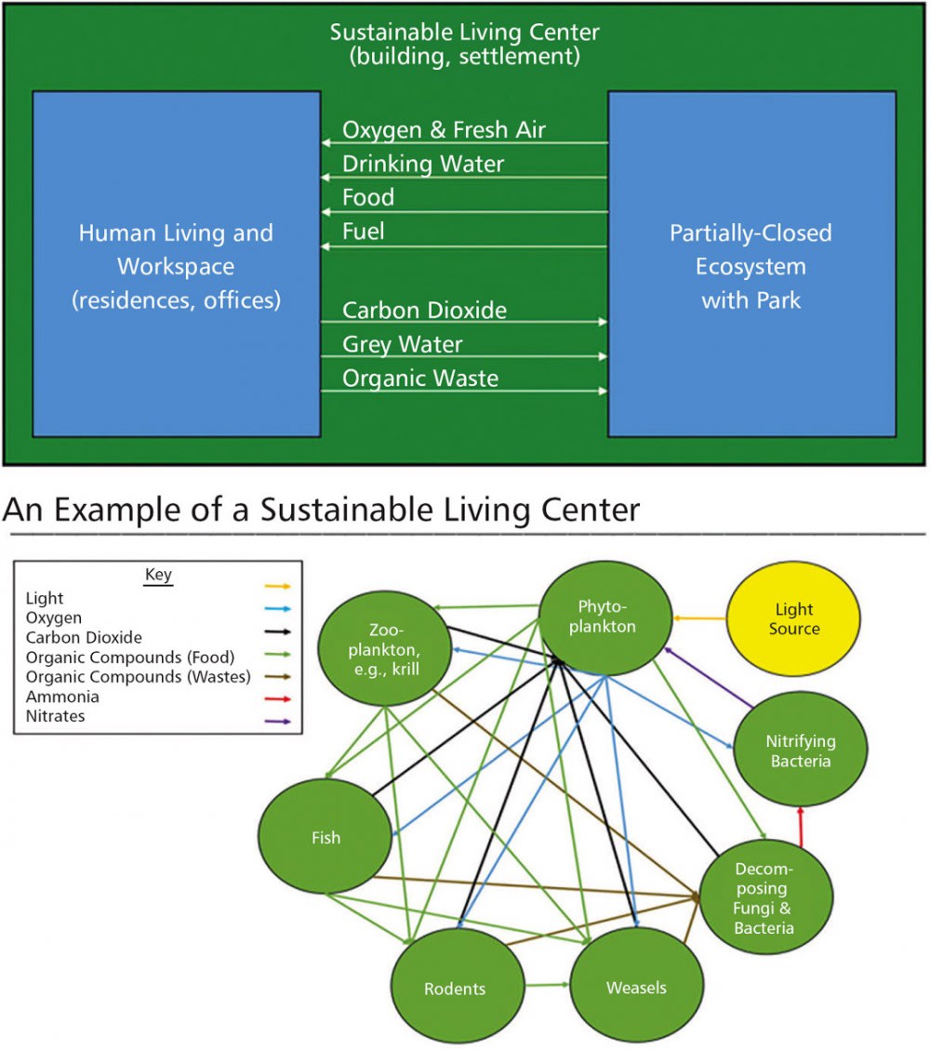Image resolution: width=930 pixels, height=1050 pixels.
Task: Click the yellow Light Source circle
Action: point(793,618)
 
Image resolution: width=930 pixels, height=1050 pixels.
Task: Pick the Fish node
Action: point(325,837)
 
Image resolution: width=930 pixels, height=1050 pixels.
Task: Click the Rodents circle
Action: point(455,988)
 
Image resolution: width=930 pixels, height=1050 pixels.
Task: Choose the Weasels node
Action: point(636,987)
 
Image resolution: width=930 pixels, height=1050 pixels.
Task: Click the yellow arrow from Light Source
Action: point(698,618)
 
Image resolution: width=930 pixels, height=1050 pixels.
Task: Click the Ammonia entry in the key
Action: point(62,698)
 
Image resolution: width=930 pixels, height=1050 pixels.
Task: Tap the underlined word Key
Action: point(158,575)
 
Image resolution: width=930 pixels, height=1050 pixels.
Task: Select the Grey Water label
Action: point(402,345)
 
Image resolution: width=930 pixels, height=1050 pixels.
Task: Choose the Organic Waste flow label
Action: point(420,379)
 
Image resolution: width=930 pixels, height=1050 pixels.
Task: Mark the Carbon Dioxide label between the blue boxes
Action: point(424,311)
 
